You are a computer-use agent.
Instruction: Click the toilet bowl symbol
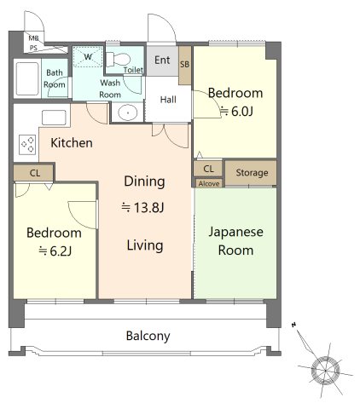point(119,60)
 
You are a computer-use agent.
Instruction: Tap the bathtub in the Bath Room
point(27,78)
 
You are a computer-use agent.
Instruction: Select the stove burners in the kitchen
point(28,145)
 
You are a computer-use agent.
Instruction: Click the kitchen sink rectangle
point(54,118)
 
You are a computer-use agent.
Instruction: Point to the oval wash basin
point(128,112)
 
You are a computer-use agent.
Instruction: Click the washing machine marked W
point(88,57)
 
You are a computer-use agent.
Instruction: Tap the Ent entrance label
point(162,60)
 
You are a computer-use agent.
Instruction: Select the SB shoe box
point(185,65)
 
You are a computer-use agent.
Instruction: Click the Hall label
point(168,100)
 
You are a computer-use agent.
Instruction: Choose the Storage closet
point(251,173)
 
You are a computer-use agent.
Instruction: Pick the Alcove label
point(209,184)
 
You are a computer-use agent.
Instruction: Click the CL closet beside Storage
point(208,169)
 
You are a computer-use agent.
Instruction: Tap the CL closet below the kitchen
point(34,173)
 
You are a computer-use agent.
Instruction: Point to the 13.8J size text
point(142,208)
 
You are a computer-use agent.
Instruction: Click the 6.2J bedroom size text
point(55,251)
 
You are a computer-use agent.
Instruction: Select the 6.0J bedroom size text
point(236,112)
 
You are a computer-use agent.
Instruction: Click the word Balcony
point(148,336)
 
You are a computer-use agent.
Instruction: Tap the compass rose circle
point(325,371)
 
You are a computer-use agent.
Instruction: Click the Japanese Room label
point(235,241)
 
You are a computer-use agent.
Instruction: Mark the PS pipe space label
point(33,49)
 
